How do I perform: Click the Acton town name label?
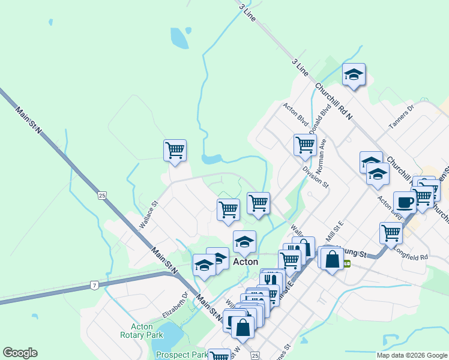[x=245, y=262]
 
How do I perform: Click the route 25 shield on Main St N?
[x=101, y=195]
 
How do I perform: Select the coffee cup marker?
[x=404, y=202]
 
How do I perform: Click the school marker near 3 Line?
[x=354, y=75]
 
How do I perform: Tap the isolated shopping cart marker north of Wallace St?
[x=175, y=150]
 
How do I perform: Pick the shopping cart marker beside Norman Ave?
[x=305, y=145]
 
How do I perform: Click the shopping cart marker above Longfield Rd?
[x=391, y=232]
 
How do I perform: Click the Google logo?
[x=20, y=353]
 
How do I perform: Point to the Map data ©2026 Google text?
[x=412, y=356]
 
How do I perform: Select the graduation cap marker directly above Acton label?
[x=244, y=242]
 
